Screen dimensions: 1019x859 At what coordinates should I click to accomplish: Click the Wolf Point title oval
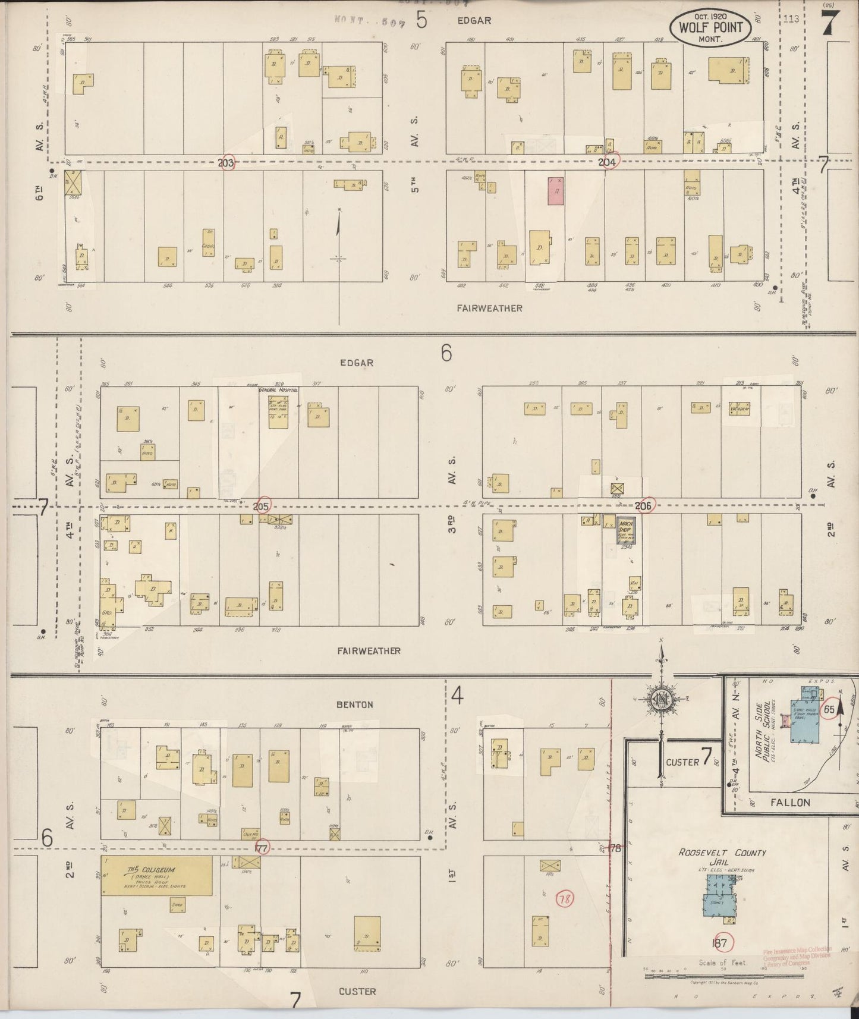pyautogui.click(x=710, y=28)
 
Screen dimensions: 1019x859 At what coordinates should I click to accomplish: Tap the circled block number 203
pyautogui.click(x=226, y=163)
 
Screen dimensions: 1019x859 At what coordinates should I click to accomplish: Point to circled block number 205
pyautogui.click(x=262, y=506)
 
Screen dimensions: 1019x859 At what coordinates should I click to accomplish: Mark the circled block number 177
pyautogui.click(x=262, y=848)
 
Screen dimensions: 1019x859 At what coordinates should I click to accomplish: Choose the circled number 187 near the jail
pyautogui.click(x=722, y=943)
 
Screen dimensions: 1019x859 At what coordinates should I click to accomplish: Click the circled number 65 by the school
pyautogui.click(x=829, y=709)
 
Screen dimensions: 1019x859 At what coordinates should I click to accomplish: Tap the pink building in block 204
pyautogui.click(x=556, y=191)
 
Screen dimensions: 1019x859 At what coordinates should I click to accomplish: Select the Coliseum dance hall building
pyautogui.click(x=156, y=875)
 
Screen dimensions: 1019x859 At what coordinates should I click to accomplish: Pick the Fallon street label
pyautogui.click(x=790, y=803)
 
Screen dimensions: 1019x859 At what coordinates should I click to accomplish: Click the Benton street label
pyautogui.click(x=355, y=705)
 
